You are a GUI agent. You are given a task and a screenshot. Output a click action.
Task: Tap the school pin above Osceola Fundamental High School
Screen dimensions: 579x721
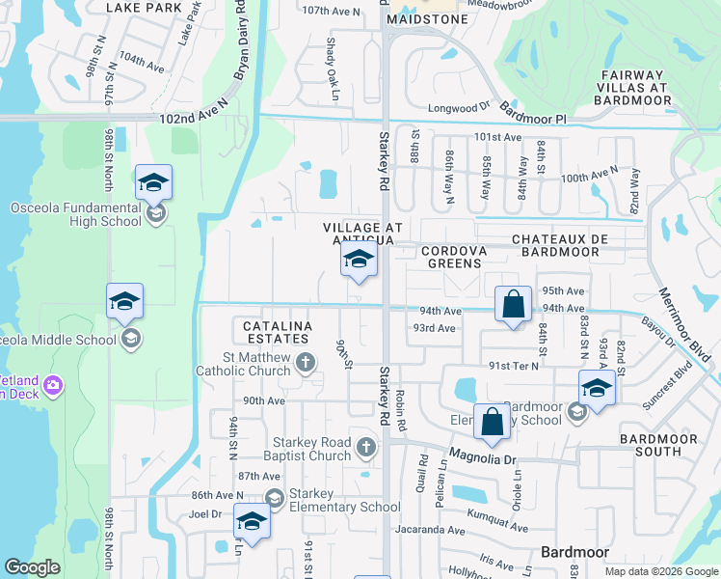[153, 182]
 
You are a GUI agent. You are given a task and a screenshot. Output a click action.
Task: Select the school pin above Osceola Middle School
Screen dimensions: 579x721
[124, 302]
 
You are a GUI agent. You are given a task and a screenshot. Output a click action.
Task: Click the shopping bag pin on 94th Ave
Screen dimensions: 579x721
[514, 304]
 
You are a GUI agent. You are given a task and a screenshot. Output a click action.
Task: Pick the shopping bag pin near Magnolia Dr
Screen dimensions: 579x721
[492, 421]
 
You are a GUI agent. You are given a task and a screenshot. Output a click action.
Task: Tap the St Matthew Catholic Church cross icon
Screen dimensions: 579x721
[306, 363]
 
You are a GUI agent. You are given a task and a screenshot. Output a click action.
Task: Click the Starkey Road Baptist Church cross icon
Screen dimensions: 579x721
[365, 447]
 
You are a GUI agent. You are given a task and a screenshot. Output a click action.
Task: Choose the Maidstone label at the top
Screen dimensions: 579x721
[427, 19]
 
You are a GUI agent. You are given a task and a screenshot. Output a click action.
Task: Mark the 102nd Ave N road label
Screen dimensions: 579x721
[193, 118]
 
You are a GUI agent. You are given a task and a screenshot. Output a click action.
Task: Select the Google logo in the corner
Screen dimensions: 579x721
[33, 567]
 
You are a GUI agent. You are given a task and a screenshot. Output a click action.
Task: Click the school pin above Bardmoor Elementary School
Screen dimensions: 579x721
[597, 390]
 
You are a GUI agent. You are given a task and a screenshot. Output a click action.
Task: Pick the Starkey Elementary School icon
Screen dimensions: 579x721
[275, 498]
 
